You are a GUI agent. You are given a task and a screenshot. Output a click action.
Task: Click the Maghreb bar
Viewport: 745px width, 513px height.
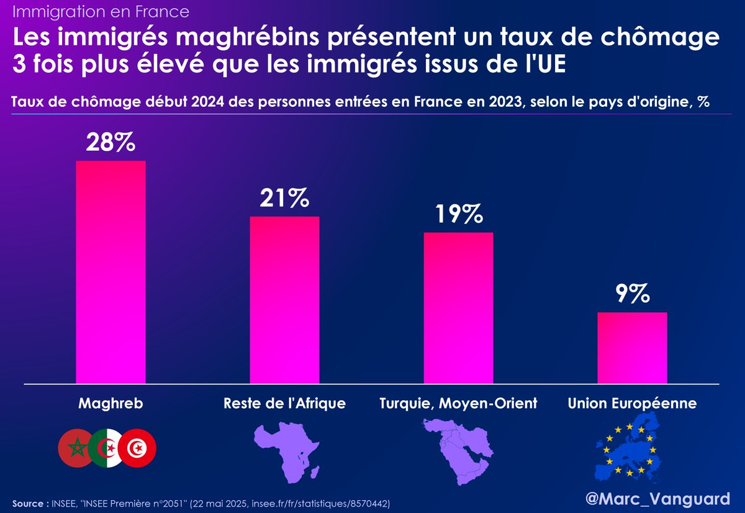[111, 272]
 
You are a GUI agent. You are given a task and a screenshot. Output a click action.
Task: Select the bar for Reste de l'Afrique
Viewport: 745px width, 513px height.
[284, 300]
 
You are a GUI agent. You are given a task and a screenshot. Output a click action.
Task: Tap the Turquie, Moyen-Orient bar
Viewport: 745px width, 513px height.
[458, 308]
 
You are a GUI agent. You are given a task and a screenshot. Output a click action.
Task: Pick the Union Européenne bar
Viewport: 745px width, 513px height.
[632, 348]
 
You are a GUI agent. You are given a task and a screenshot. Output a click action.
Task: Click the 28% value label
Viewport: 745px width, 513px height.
[111, 143]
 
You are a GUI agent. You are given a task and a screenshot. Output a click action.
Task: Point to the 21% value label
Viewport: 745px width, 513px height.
[284, 199]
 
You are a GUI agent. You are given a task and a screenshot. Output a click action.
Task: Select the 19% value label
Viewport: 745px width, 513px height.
[458, 215]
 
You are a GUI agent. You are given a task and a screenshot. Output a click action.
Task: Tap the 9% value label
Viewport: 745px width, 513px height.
[632, 294]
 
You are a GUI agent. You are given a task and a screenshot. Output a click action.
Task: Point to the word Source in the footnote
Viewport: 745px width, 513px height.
[26, 502]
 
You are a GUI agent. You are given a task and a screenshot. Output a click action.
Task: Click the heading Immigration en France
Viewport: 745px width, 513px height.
[101, 12]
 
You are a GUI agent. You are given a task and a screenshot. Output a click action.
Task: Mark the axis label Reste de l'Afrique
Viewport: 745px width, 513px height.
[284, 404]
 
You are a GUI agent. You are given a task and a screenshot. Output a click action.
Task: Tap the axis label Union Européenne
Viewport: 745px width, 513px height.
[632, 404]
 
